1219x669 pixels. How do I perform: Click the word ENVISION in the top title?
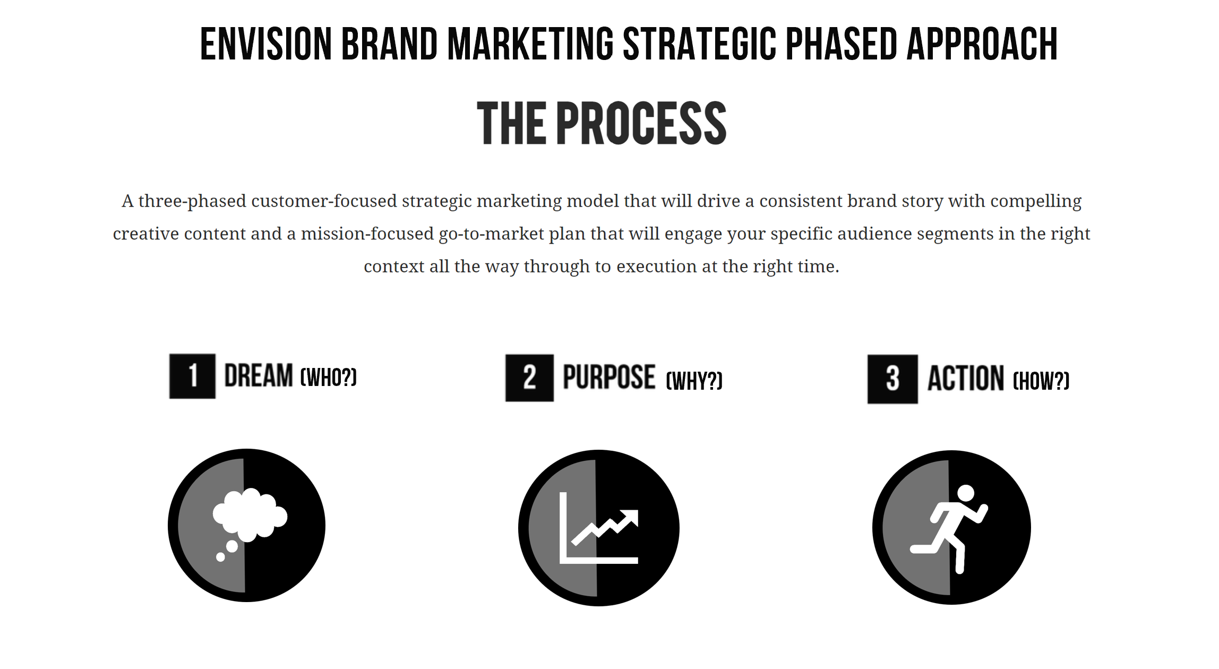[266, 44]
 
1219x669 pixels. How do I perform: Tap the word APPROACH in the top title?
[982, 44]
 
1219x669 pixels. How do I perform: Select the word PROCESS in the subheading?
[641, 123]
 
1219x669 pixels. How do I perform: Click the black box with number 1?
[192, 376]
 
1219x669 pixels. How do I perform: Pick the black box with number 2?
[529, 378]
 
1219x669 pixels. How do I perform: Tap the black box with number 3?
[892, 379]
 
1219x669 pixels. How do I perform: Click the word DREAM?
[259, 375]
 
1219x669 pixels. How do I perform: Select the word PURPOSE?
[609, 377]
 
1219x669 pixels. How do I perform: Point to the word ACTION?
[966, 379]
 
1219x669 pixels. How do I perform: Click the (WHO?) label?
[329, 378]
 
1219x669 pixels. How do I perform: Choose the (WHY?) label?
[694, 381]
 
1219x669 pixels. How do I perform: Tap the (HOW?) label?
[1041, 381]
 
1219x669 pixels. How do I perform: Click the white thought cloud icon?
[250, 514]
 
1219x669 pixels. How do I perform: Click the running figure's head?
[966, 494]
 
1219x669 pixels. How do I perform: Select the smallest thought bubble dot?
[220, 557]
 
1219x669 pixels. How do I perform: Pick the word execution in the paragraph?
[656, 267]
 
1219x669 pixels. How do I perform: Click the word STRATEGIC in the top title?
[699, 44]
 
